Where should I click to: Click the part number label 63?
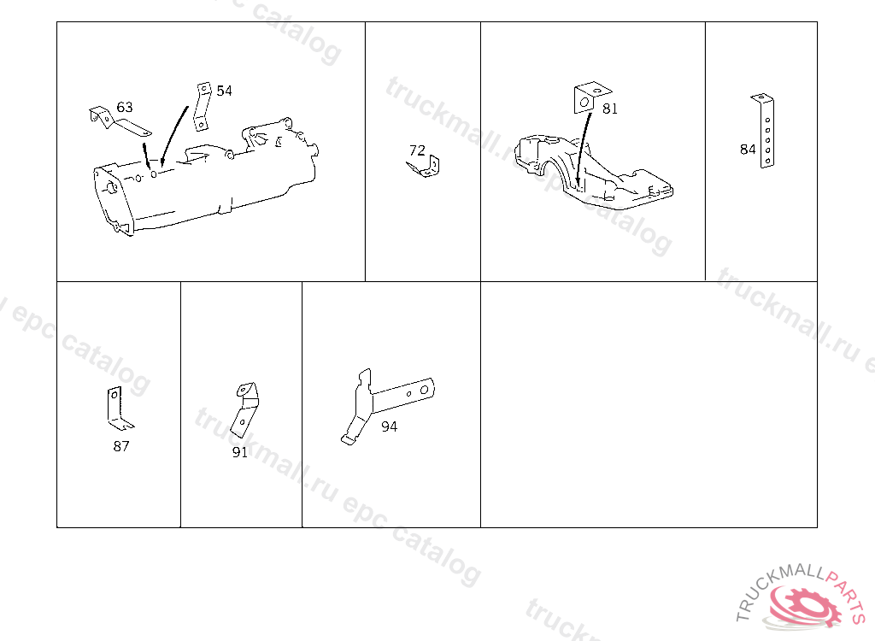125,107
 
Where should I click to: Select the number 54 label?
224,91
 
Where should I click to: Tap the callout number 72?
417,150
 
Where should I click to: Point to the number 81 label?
610,109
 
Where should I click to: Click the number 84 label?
748,149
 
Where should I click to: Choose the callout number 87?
121,446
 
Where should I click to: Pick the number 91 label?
240,452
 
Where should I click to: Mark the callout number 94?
389,426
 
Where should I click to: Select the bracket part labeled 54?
203,107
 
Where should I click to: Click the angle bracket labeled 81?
590,97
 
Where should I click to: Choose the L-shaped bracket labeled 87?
117,410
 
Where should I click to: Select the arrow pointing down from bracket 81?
584,149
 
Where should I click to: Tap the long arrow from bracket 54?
173,137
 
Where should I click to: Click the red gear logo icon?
803,606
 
